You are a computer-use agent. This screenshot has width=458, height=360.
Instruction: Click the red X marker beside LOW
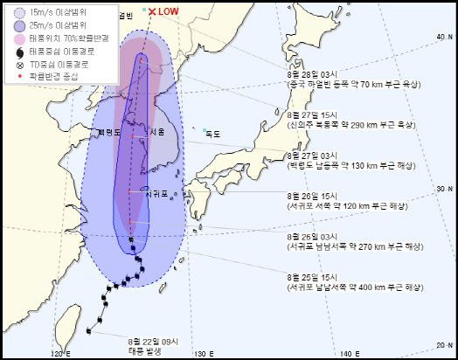(152, 11)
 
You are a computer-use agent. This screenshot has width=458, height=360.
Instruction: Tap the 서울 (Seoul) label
(157, 132)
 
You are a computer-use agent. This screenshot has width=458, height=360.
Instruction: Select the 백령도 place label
(110, 132)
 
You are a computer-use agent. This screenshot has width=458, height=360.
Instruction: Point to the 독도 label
(212, 134)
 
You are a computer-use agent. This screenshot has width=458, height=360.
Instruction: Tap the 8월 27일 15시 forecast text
(312, 115)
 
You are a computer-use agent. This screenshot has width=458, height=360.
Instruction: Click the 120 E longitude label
(59, 352)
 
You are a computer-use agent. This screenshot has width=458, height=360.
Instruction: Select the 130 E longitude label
(203, 352)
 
